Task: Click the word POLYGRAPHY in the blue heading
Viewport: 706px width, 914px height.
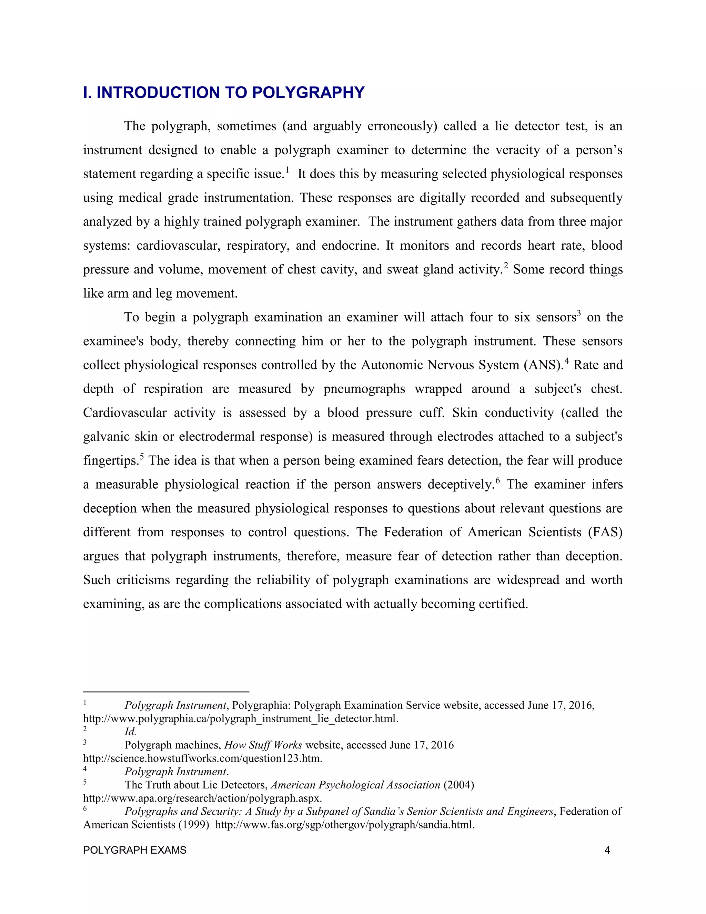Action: (x=308, y=92)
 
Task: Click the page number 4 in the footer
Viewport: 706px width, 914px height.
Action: (x=607, y=850)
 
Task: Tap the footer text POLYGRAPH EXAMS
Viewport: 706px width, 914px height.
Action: (x=135, y=850)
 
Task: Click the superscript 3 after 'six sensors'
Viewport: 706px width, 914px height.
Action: (x=579, y=314)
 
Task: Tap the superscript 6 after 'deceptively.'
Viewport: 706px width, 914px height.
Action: (x=498, y=480)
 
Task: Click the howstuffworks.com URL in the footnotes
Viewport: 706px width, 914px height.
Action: (x=202, y=759)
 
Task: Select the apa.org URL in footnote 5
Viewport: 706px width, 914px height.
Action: (x=202, y=798)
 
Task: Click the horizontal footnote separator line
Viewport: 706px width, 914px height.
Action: (x=166, y=692)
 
